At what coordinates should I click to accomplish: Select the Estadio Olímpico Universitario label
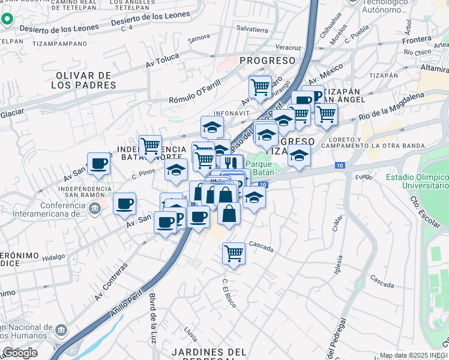[x=417, y=182]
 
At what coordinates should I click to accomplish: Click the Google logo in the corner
[x=20, y=353]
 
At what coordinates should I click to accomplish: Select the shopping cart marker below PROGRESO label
[x=260, y=86]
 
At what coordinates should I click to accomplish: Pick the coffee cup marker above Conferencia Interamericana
[x=124, y=203]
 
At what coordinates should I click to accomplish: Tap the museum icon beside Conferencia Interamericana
[x=95, y=208]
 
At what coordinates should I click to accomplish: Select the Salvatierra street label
[x=252, y=29]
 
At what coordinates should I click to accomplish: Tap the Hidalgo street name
[x=53, y=256]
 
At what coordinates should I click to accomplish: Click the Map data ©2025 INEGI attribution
[x=414, y=355]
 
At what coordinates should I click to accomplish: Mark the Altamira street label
[x=436, y=69]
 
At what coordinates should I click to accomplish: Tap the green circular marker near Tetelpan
[x=7, y=19]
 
